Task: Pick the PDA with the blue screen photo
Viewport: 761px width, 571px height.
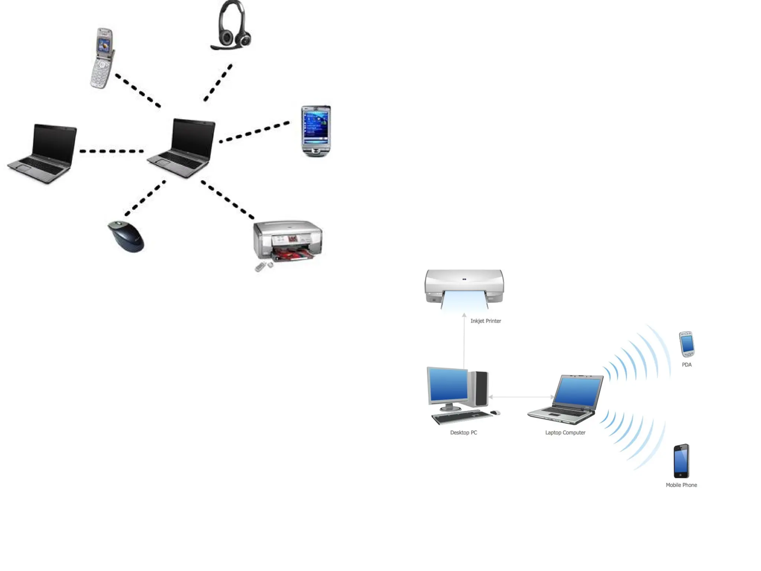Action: (x=316, y=130)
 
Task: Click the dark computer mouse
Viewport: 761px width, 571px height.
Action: (x=126, y=236)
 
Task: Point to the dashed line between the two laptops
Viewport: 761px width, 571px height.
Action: (x=111, y=151)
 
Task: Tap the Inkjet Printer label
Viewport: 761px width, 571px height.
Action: (x=486, y=321)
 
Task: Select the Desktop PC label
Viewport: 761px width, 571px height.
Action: (x=463, y=432)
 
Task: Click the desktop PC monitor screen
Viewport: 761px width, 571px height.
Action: (x=448, y=385)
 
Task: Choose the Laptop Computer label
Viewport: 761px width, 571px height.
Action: (x=565, y=432)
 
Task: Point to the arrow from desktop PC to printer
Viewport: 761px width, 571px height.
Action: (x=464, y=342)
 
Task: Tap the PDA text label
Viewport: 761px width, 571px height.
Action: (x=686, y=365)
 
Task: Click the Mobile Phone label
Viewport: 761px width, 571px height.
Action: (x=681, y=485)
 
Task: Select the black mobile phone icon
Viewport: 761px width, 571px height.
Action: (x=681, y=461)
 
